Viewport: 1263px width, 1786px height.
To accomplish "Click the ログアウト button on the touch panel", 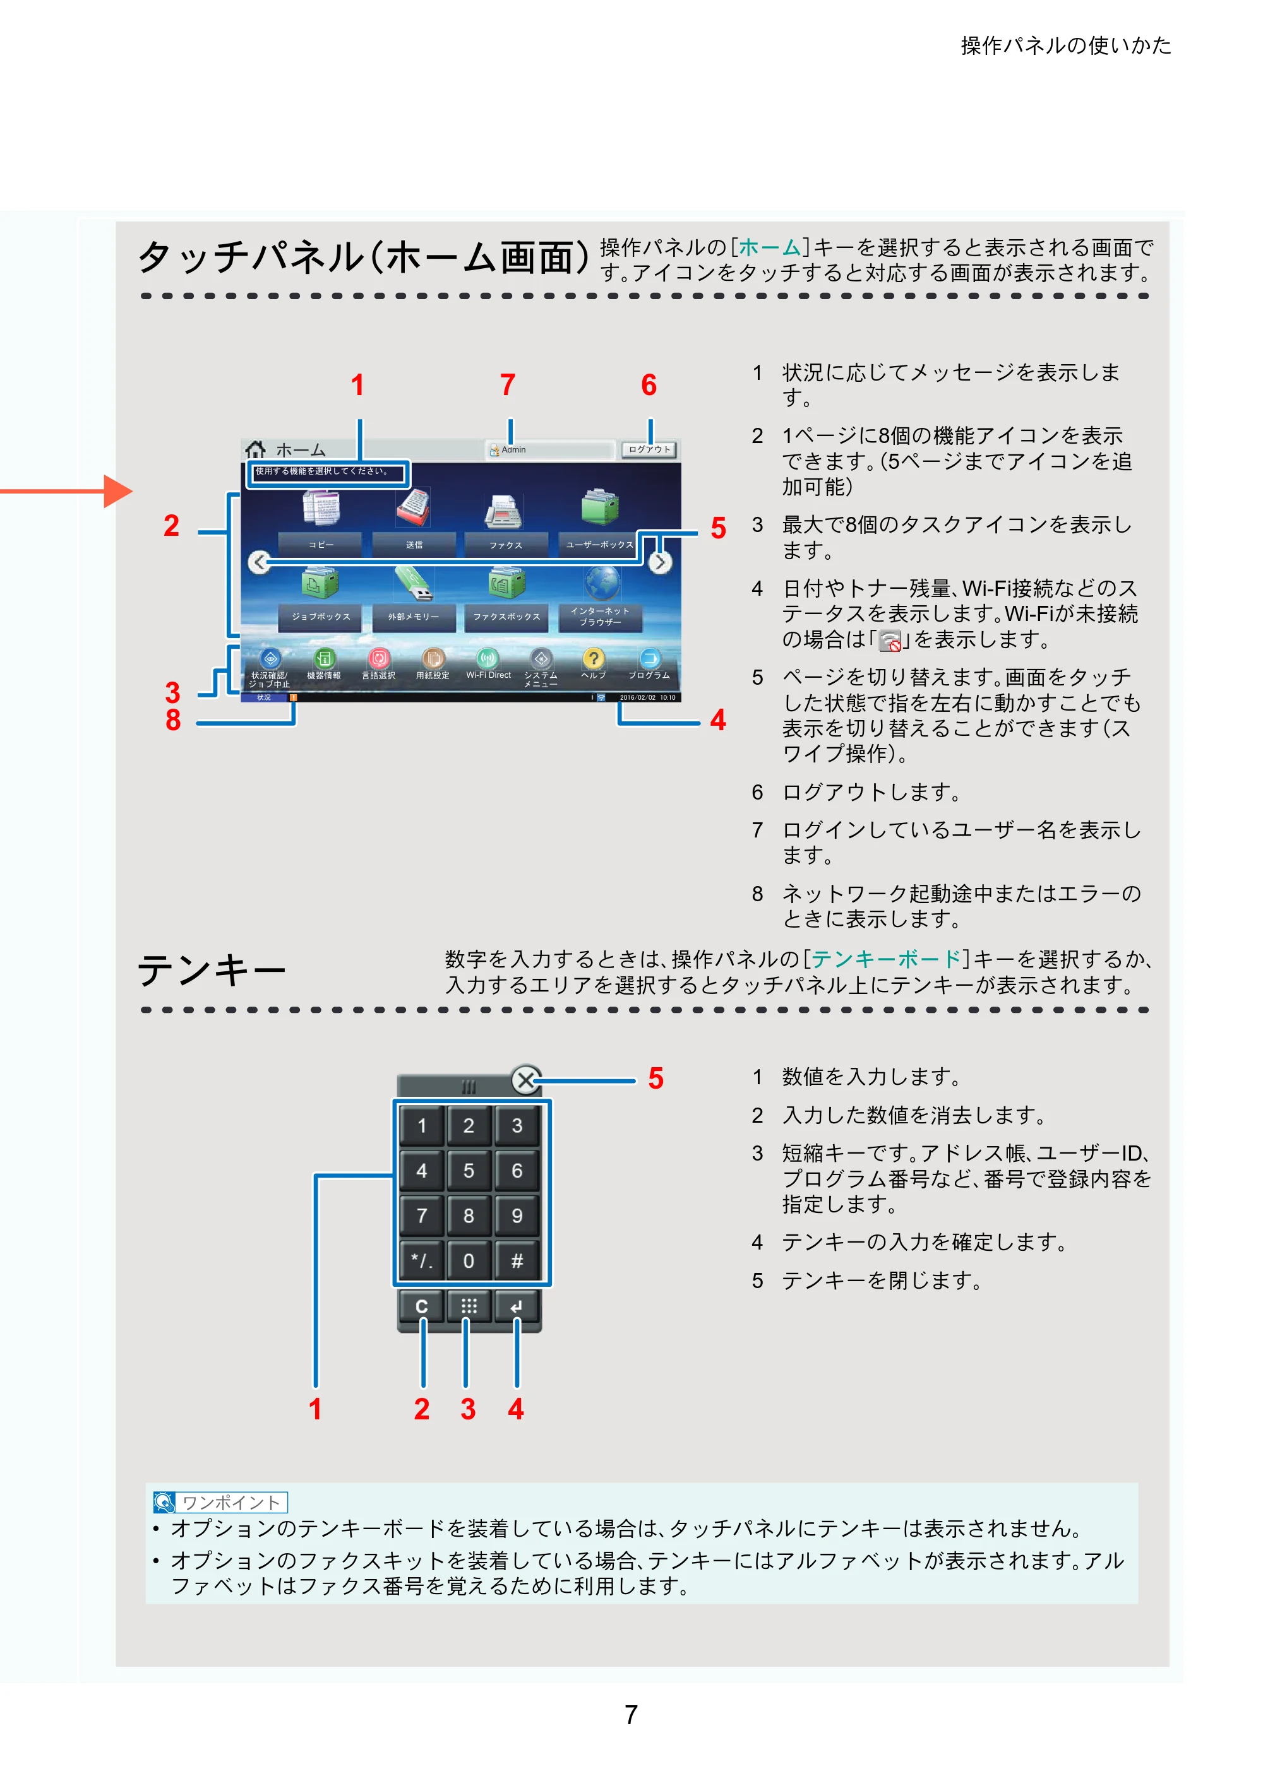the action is point(649,449).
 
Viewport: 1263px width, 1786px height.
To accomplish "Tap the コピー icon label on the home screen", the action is point(321,545).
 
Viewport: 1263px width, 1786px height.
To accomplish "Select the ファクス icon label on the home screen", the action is point(506,545).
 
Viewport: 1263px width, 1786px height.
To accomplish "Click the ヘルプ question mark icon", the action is point(594,659).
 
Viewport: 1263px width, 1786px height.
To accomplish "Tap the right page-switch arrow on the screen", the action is point(660,562).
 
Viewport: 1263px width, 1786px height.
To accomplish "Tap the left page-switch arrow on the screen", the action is point(259,562).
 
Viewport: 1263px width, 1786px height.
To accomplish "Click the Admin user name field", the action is point(549,449).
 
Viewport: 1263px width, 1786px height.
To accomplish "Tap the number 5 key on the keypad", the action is point(469,1171).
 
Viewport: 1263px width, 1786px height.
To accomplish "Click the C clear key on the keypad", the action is point(422,1306).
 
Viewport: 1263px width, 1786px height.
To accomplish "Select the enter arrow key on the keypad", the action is point(517,1306).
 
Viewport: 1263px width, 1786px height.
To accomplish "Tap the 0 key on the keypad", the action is point(469,1261).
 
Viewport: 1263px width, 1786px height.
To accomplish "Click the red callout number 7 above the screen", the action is point(508,385).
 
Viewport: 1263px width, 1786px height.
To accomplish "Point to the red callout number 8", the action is point(173,720).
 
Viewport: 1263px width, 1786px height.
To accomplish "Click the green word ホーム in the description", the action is point(770,247).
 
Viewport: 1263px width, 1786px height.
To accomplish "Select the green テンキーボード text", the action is point(887,959).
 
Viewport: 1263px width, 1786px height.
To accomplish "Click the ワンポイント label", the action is point(231,1502).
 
